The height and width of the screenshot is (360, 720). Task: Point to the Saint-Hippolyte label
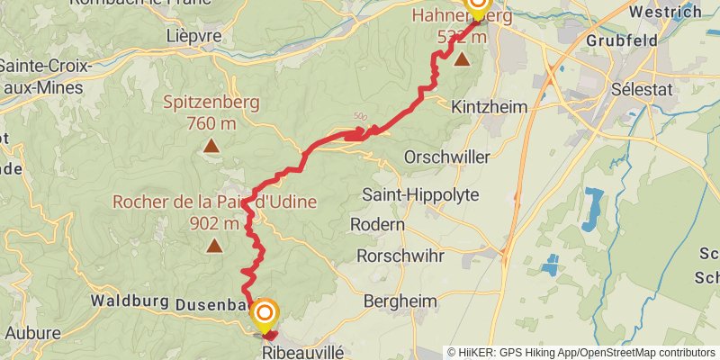click(x=420, y=194)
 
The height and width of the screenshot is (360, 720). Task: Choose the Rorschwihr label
click(x=400, y=256)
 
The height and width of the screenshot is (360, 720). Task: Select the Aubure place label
click(x=32, y=333)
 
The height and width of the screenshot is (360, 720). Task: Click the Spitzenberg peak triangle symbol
click(x=211, y=146)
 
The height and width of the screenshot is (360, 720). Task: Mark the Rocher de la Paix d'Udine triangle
click(x=214, y=246)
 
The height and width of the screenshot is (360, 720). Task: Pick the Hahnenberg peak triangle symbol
click(x=462, y=60)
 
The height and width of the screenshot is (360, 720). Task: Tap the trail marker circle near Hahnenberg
click(x=475, y=5)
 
